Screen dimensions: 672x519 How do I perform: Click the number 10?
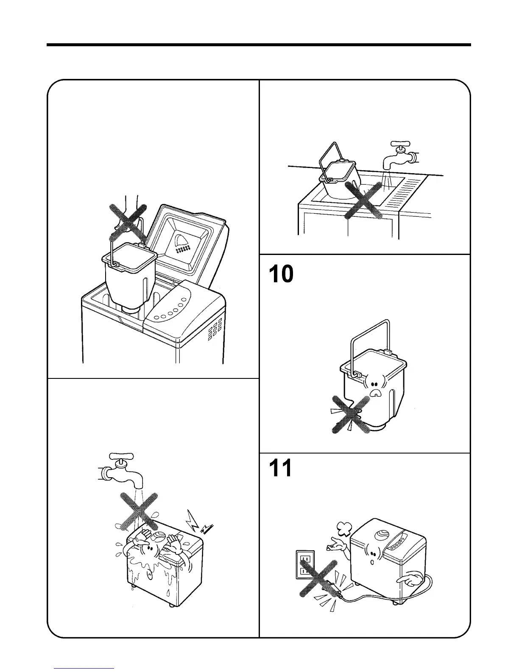[x=281, y=274]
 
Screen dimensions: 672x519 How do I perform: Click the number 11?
[x=280, y=469]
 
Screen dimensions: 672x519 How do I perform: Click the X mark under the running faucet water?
[x=139, y=511]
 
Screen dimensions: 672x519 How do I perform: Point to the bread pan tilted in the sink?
[x=339, y=178]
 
